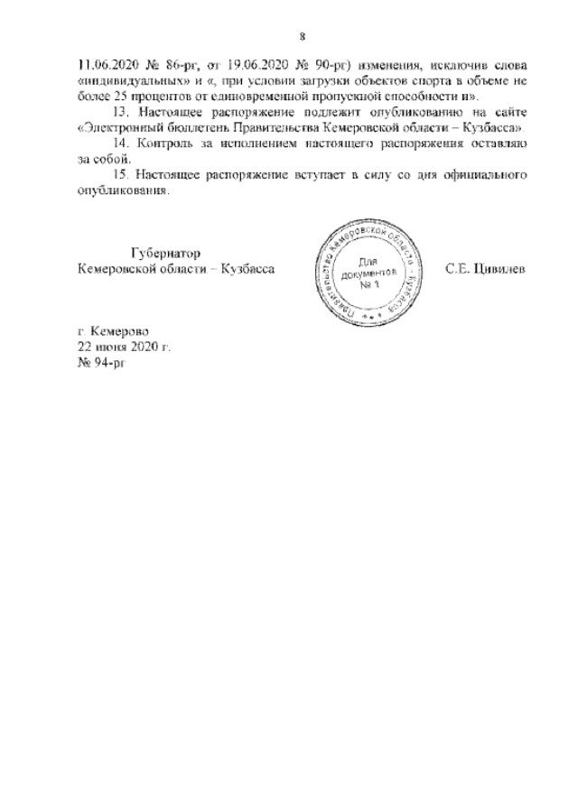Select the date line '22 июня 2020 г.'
point(124,346)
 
